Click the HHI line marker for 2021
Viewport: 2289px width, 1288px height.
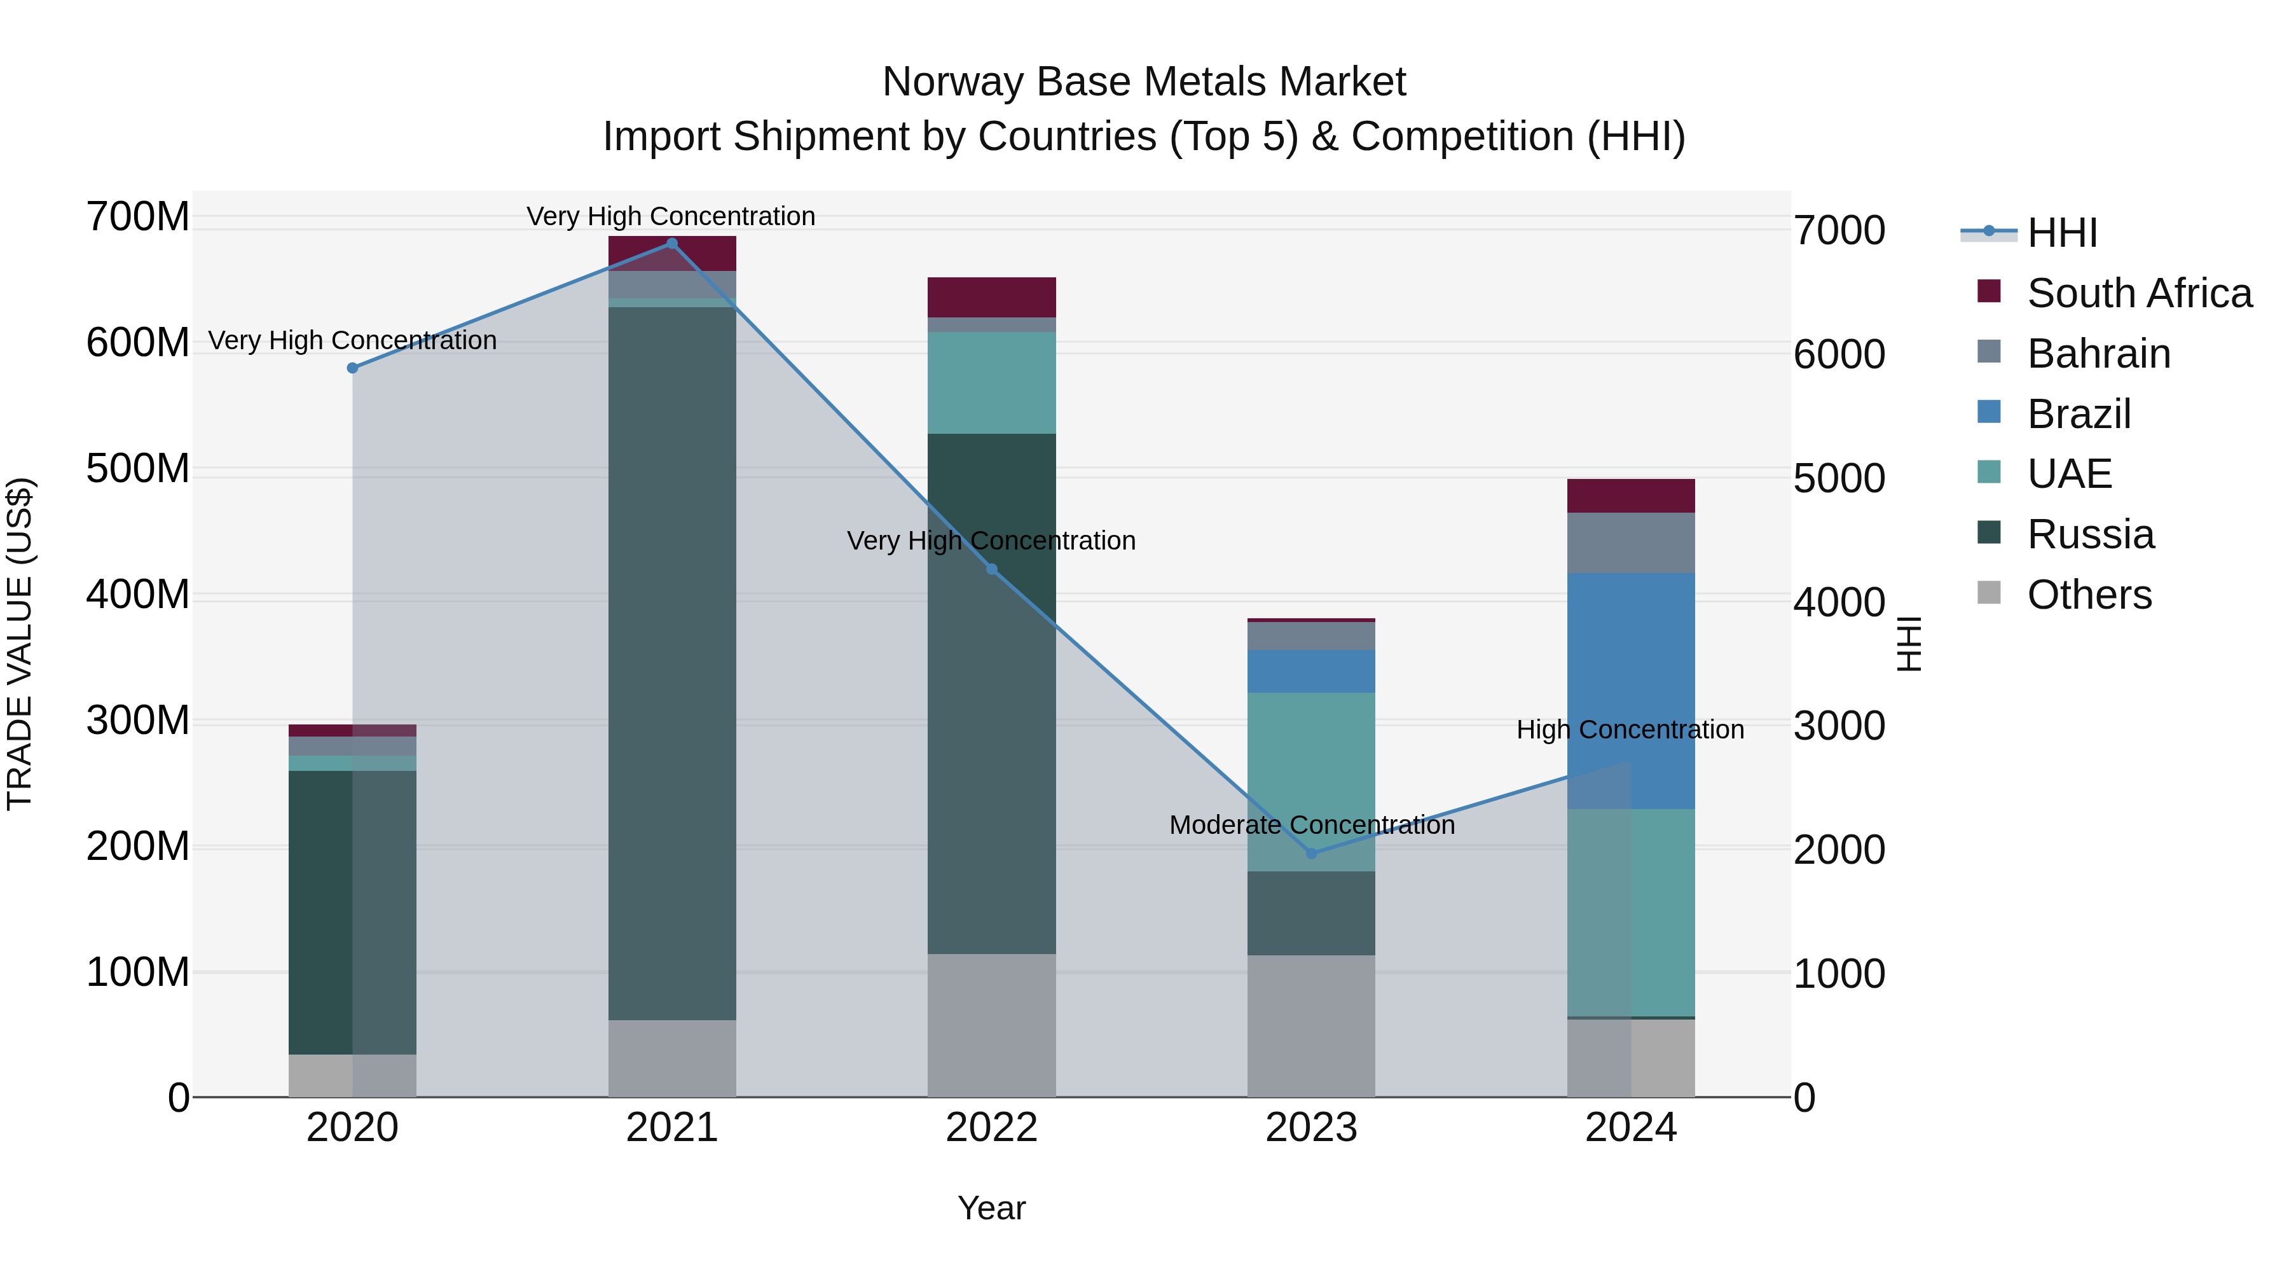pyautogui.click(x=672, y=244)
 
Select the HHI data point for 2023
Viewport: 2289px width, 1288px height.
pyautogui.click(x=1312, y=854)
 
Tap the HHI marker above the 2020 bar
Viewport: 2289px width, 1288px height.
pyautogui.click(x=353, y=368)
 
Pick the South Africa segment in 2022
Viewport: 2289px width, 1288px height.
pyautogui.click(x=992, y=297)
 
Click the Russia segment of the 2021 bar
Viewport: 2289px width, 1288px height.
pyautogui.click(x=672, y=662)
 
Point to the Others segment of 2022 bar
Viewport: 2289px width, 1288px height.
pyautogui.click(x=992, y=1025)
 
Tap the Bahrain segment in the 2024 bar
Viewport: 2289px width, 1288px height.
pyautogui.click(x=1630, y=542)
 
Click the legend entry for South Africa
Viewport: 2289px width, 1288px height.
pyautogui.click(x=2139, y=293)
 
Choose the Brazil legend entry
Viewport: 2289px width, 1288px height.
pyautogui.click(x=2079, y=414)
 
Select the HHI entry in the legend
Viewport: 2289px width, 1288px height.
pyautogui.click(x=2061, y=233)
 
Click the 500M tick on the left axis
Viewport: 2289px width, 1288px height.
pyautogui.click(x=138, y=468)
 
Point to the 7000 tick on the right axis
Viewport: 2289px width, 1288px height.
pyautogui.click(x=1838, y=230)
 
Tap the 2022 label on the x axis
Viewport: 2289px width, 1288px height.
pyautogui.click(x=992, y=1128)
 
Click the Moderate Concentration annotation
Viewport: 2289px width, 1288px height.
pyautogui.click(x=1312, y=825)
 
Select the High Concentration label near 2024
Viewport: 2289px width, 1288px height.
pyautogui.click(x=1630, y=730)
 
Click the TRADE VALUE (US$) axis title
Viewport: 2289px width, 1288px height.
pyautogui.click(x=20, y=644)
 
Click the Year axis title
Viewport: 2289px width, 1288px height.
pyautogui.click(x=992, y=1208)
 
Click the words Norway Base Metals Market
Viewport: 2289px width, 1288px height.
pyautogui.click(x=1144, y=82)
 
